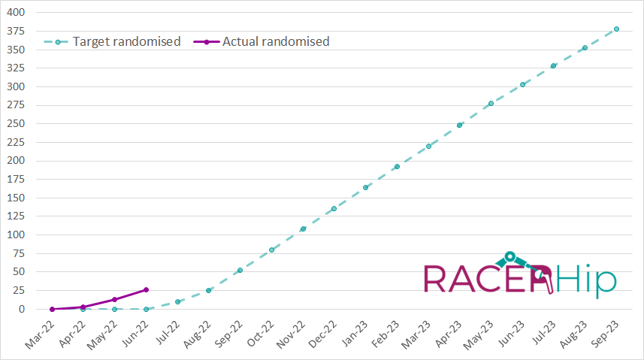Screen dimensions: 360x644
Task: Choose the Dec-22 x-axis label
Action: pos(322,332)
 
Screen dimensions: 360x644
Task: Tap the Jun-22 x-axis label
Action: pos(135,332)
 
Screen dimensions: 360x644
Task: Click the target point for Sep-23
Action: pos(616,29)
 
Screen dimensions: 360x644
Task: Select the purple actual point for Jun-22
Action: pos(146,289)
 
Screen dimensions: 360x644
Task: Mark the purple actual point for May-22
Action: pos(114,299)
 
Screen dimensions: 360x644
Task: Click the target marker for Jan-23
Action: pos(365,187)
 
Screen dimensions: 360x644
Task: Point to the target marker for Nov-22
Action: pos(303,228)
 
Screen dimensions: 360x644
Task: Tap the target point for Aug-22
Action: pos(208,290)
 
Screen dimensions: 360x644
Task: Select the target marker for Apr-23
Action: pos(459,125)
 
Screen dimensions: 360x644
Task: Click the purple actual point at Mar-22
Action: pos(52,309)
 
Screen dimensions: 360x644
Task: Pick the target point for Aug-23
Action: pos(585,48)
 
